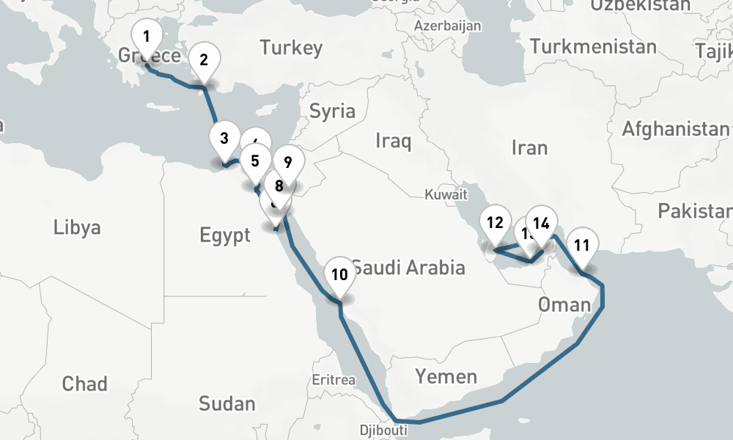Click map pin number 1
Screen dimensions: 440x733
[x=147, y=37]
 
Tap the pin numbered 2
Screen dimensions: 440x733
[x=204, y=60]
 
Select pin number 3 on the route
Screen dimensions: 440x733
[x=224, y=138]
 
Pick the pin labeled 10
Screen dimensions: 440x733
[x=339, y=275]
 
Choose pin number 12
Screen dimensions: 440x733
[x=495, y=223]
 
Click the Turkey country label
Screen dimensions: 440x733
[x=291, y=48]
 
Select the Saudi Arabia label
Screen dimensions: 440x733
[x=408, y=267]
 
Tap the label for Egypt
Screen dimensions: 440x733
[x=225, y=235]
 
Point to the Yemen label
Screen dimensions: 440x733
[x=446, y=377]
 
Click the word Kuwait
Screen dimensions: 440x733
[x=446, y=195]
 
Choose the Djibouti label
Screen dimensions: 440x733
[x=383, y=430]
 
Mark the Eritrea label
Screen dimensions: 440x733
[x=334, y=380]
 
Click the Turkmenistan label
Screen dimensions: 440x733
[x=593, y=47]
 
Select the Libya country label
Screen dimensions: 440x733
[x=77, y=227]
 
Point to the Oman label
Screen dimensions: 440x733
[x=564, y=304]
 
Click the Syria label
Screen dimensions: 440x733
[x=332, y=111]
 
